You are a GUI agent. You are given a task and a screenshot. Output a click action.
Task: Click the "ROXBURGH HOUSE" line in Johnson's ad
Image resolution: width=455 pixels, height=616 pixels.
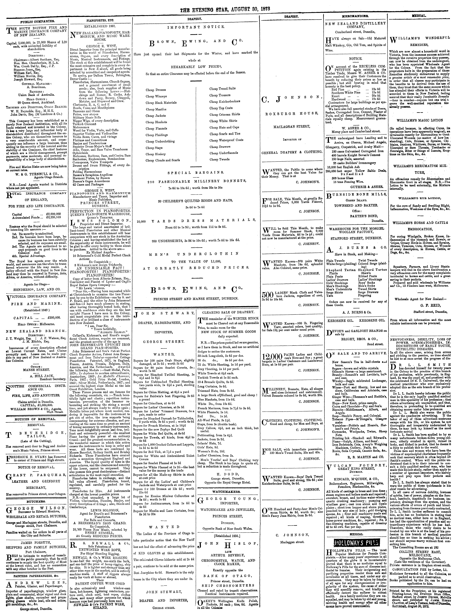[291, 113]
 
